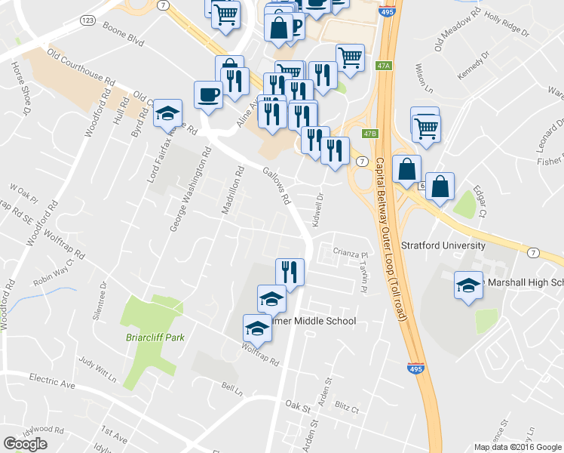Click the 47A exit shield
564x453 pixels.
(x=384, y=66)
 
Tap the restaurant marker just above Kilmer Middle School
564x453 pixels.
(x=290, y=271)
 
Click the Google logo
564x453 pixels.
(x=26, y=444)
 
